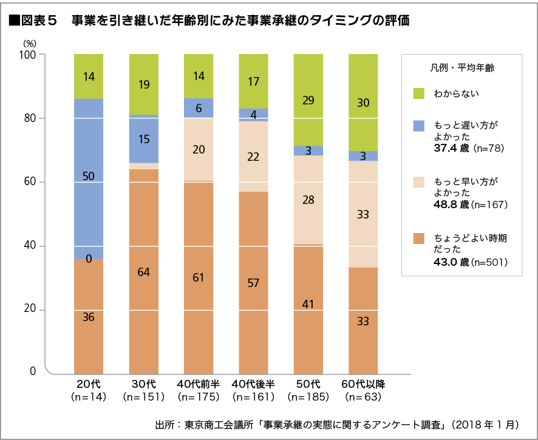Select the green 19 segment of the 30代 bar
[144, 84]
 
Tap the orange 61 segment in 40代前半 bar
[199, 277]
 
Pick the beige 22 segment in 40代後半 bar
[254, 157]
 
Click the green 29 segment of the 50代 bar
[308, 100]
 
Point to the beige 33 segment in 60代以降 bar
[363, 214]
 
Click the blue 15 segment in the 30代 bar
[144, 139]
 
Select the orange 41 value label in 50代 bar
[308, 303]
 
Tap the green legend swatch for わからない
[418, 93]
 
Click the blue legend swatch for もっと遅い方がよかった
[418, 126]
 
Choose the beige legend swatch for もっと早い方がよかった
[418, 182]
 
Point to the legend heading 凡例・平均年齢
[461, 68]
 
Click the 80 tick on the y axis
[30, 118]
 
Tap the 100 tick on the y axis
[28, 55]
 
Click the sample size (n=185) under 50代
[308, 398]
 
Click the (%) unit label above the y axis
[30, 43]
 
